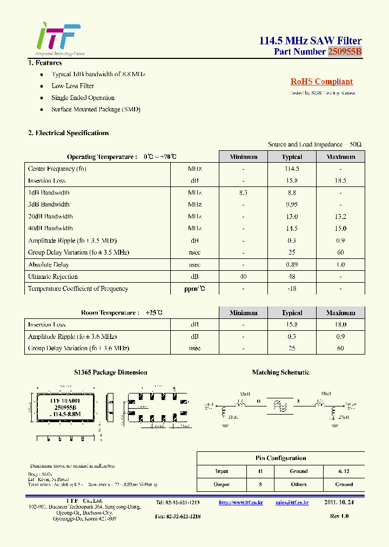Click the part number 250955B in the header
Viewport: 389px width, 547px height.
pyautogui.click(x=344, y=51)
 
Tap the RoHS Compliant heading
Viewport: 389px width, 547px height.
pyautogui.click(x=321, y=82)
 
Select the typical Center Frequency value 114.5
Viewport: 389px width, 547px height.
pyautogui.click(x=292, y=169)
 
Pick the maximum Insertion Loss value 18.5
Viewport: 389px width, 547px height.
pyautogui.click(x=340, y=181)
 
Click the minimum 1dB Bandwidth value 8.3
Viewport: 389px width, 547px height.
pyautogui.click(x=243, y=192)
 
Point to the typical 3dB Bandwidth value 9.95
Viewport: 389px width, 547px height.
pyautogui.click(x=292, y=204)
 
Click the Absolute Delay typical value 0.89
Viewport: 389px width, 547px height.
pyautogui.click(x=292, y=265)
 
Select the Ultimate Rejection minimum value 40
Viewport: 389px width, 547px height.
pyautogui.click(x=243, y=277)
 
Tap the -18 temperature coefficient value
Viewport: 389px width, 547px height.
pyautogui.click(x=292, y=289)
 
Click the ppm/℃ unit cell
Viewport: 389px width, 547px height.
pyautogui.click(x=194, y=289)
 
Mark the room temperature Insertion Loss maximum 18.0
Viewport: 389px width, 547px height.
pyautogui.click(x=340, y=325)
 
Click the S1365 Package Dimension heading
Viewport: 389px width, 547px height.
pyautogui.click(x=110, y=372)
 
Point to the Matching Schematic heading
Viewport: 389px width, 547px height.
pyautogui.click(x=280, y=372)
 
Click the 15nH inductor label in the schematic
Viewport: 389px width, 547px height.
pyautogui.click(x=245, y=393)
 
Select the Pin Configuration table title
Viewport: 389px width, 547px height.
pyautogui.click(x=280, y=458)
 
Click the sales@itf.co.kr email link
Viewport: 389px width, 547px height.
pyautogui.click(x=292, y=503)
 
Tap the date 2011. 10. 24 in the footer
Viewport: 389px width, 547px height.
pyautogui.click(x=339, y=503)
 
